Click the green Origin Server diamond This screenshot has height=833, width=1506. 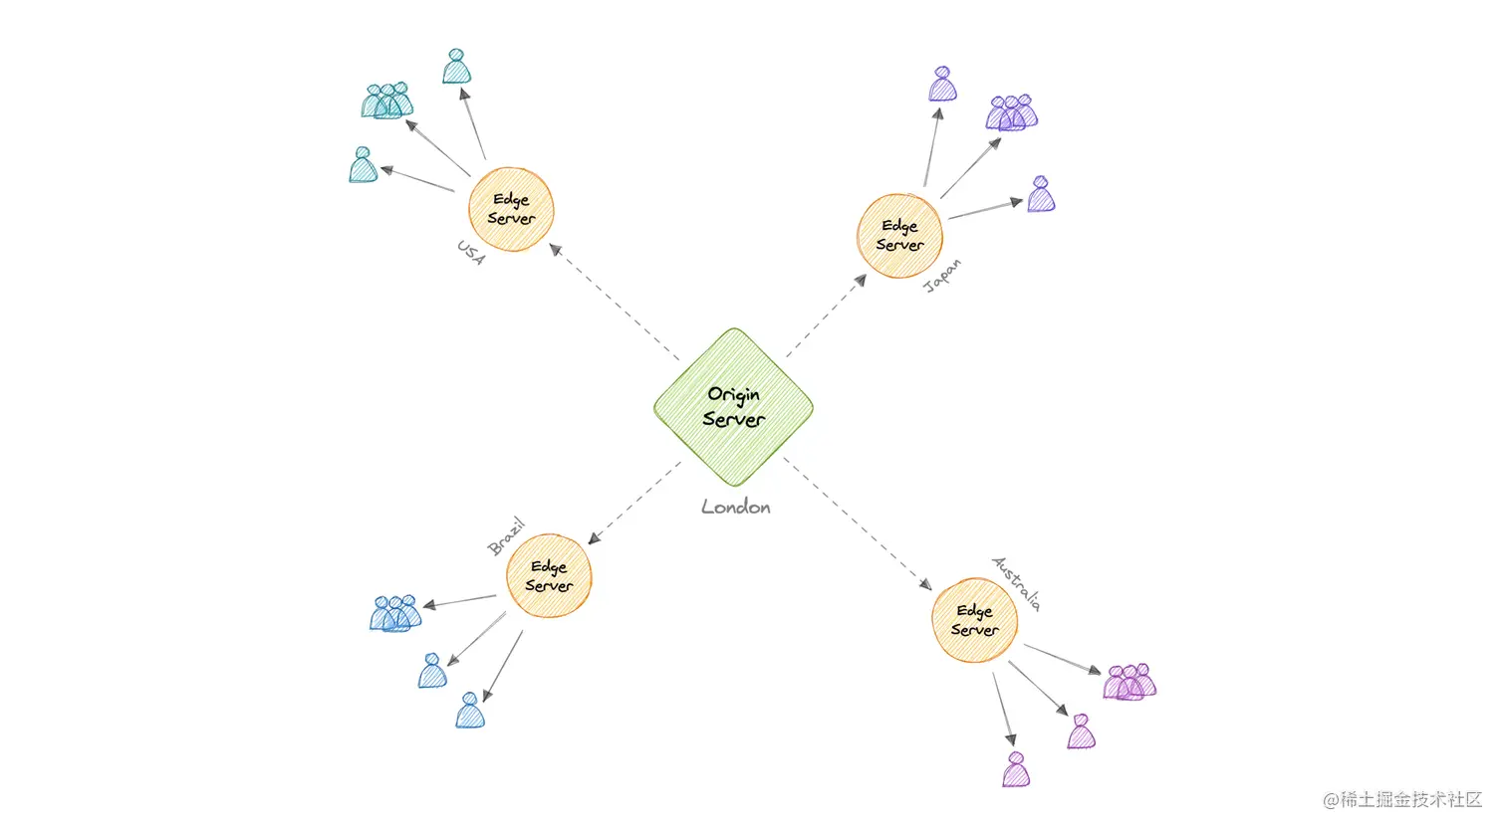(x=734, y=407)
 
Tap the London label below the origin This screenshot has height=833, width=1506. (x=736, y=508)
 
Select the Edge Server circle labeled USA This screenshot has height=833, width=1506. (x=511, y=210)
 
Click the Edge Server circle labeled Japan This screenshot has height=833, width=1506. (x=899, y=236)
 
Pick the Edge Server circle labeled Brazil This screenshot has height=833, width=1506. (x=549, y=576)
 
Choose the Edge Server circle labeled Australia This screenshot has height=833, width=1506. (x=974, y=620)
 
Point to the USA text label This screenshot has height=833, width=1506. (x=471, y=253)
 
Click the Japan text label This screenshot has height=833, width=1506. (x=942, y=276)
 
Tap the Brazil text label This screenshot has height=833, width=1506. (x=506, y=536)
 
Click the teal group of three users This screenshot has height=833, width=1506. (x=387, y=102)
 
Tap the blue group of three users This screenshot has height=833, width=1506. (x=395, y=613)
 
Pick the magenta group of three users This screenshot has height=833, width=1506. (x=1129, y=682)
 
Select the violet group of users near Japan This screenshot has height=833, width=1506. (x=1011, y=113)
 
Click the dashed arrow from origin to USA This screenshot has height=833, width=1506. (x=615, y=303)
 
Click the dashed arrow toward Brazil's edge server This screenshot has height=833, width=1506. (x=634, y=503)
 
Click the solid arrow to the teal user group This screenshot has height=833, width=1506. (x=437, y=148)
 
